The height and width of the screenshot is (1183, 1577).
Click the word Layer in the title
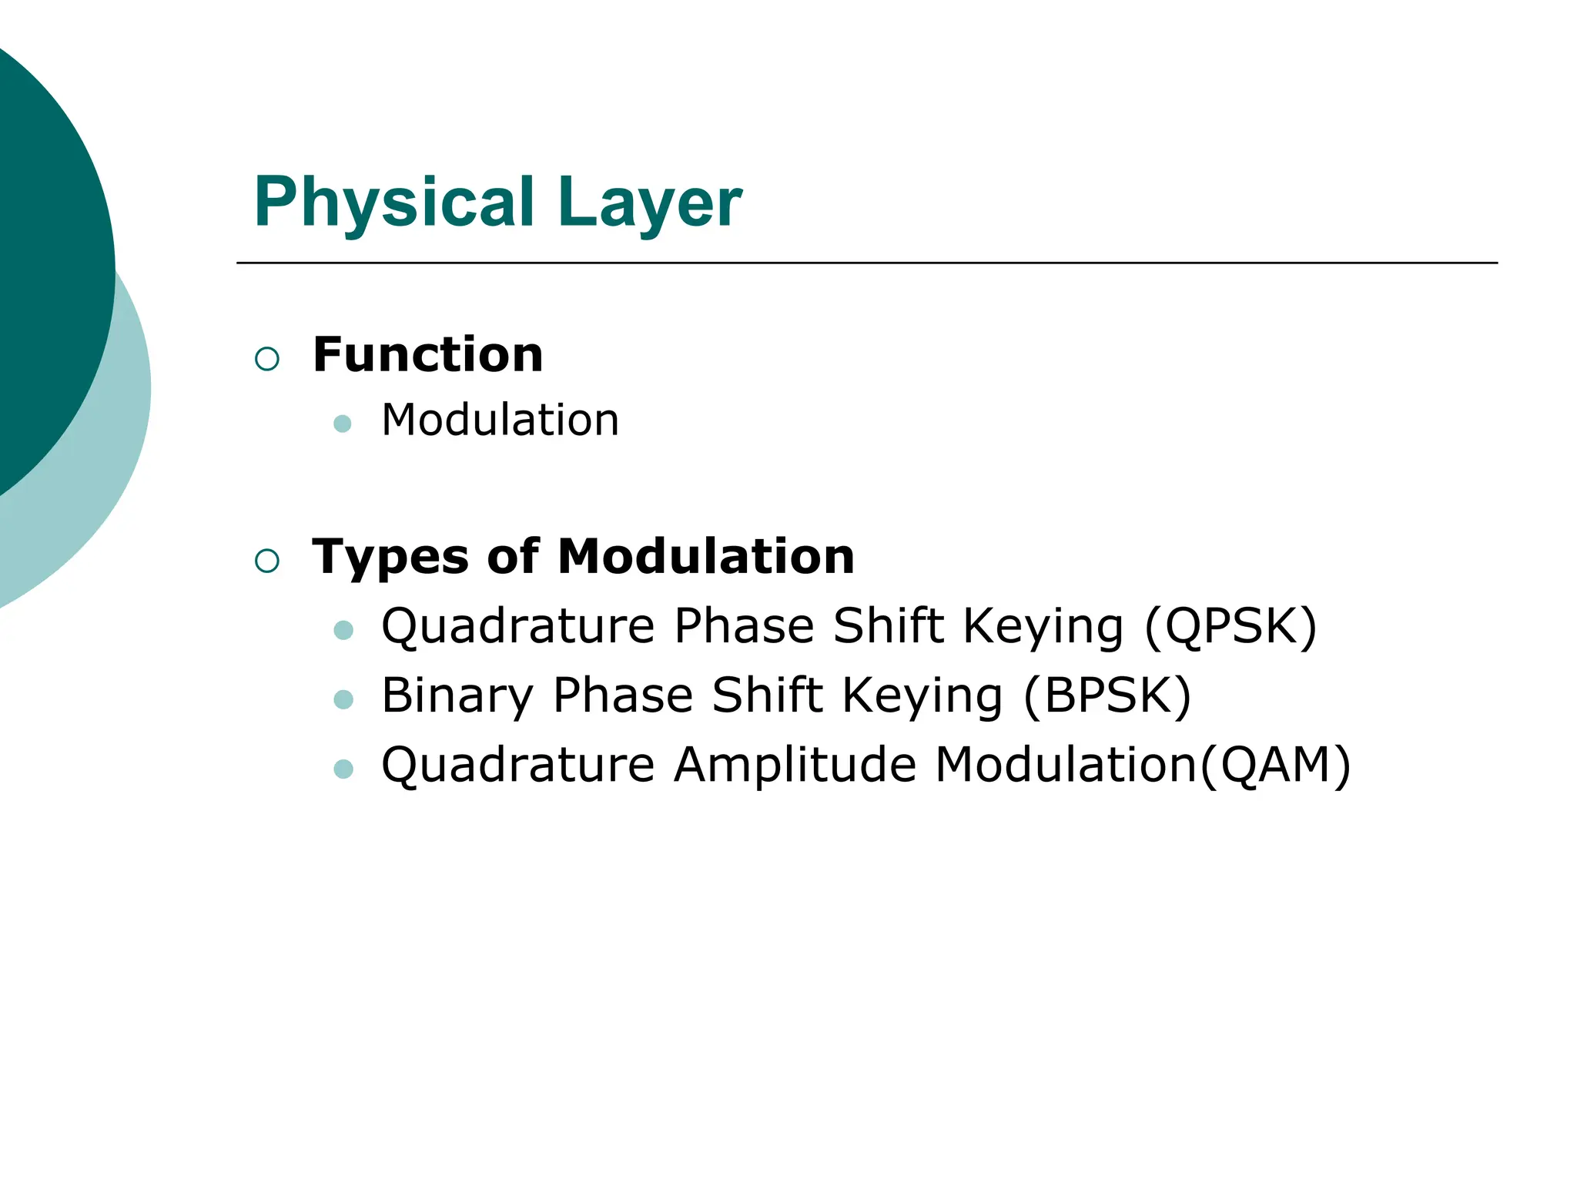click(x=651, y=203)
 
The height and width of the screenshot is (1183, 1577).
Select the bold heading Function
click(x=428, y=355)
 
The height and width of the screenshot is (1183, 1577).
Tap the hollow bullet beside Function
click(x=267, y=359)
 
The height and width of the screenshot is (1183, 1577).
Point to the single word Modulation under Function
click(x=501, y=421)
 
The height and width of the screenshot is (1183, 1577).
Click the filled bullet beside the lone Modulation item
click(x=343, y=424)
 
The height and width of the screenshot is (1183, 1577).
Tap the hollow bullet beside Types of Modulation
click(x=267, y=561)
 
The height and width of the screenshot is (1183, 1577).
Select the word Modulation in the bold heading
click(x=706, y=556)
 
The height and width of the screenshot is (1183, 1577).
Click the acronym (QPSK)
click(x=1230, y=626)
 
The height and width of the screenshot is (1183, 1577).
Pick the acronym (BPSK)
click(x=1107, y=695)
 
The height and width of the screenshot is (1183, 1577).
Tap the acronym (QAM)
click(x=1275, y=766)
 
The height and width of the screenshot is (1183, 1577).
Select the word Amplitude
click(x=795, y=765)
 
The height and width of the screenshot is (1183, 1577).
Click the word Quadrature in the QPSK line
click(x=518, y=626)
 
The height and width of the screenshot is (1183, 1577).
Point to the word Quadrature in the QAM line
click(x=518, y=766)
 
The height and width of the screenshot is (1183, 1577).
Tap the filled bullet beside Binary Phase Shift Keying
click(x=343, y=699)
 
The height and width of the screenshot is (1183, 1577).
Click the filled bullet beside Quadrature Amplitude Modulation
click(x=343, y=769)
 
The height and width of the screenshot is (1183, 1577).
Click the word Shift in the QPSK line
click(x=888, y=625)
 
